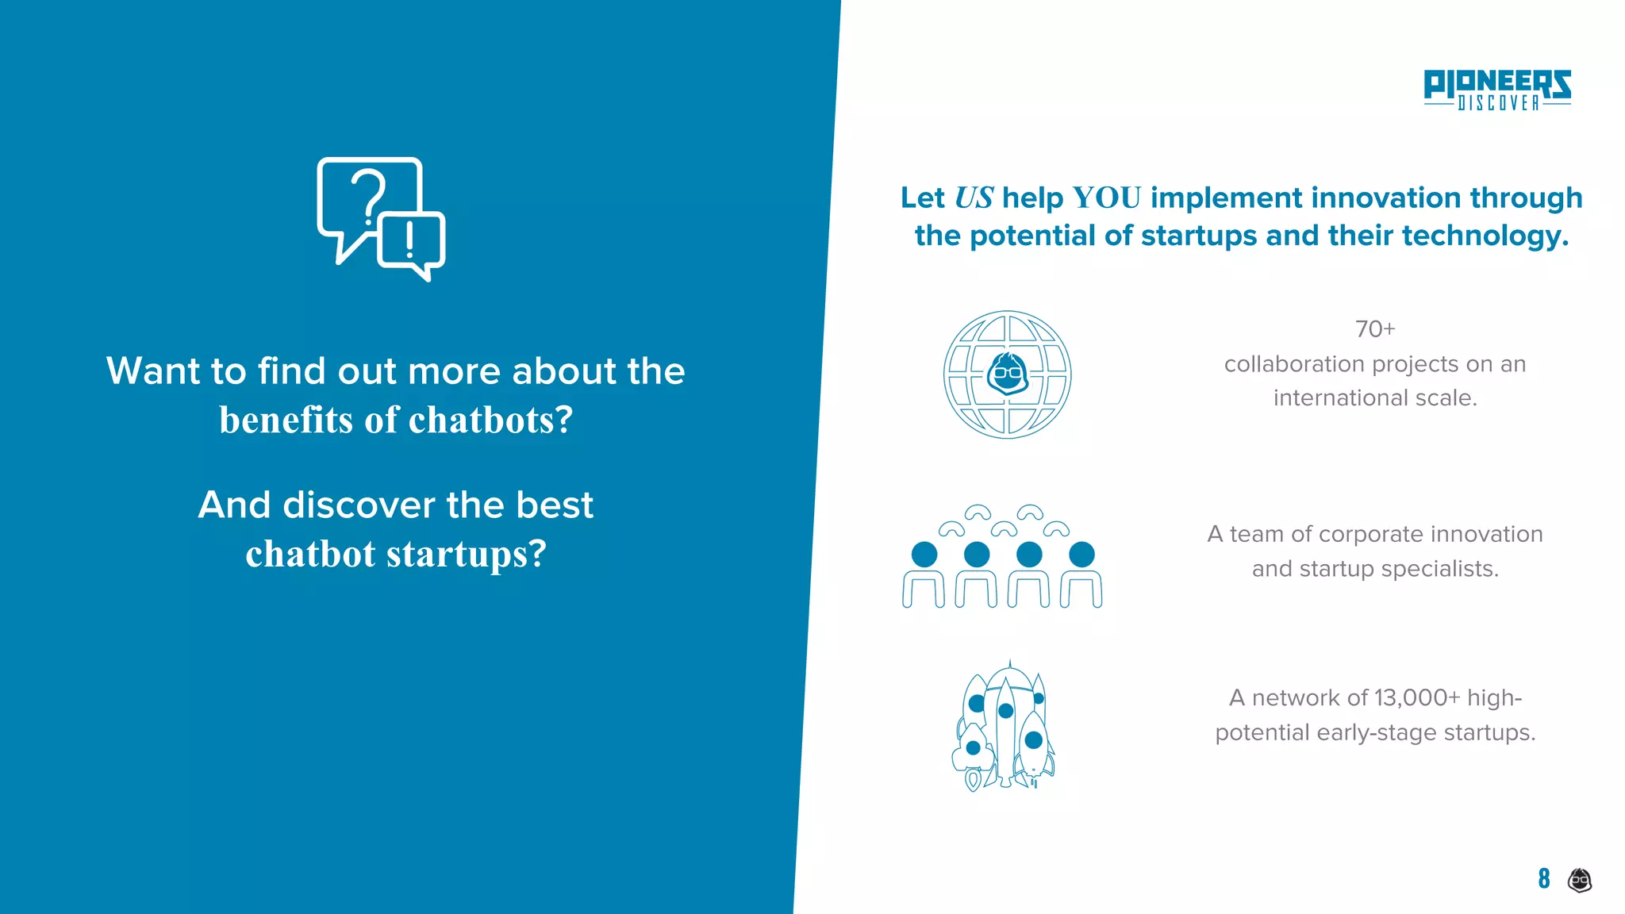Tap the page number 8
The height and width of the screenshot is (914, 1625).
tap(1543, 878)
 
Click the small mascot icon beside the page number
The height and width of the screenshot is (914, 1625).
tap(1580, 880)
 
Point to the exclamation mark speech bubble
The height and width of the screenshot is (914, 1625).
tap(411, 243)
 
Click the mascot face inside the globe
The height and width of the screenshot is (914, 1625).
tap(1008, 374)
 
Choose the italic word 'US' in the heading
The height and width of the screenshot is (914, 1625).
tap(974, 198)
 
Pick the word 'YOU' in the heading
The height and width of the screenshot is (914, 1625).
tap(1106, 198)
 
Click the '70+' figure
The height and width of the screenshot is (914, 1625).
tap(1374, 329)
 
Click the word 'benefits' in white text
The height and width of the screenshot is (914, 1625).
tap(286, 421)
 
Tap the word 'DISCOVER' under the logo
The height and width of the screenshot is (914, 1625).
tap(1498, 103)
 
